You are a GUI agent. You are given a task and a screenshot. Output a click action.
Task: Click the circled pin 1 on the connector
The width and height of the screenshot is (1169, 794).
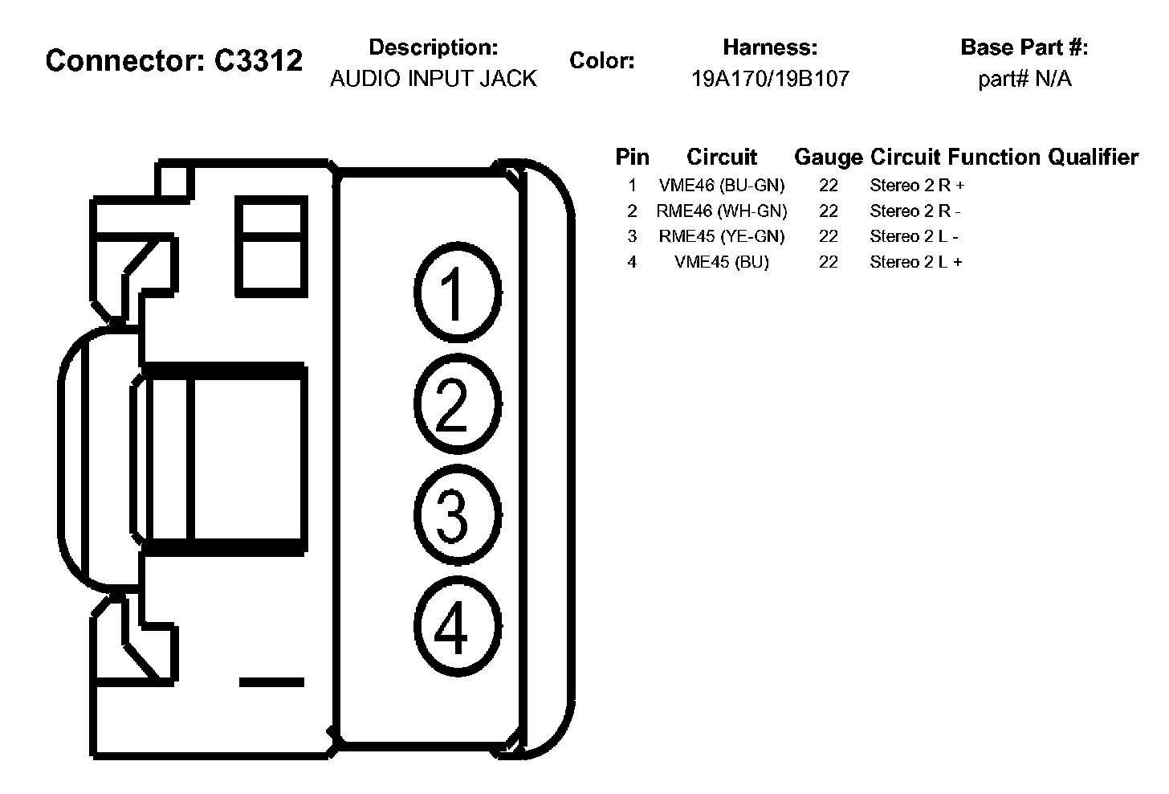tap(455, 293)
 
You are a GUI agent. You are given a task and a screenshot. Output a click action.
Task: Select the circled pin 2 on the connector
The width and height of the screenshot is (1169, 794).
tap(455, 403)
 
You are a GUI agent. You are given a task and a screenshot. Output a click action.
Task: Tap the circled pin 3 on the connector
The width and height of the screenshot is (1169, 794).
tap(455, 515)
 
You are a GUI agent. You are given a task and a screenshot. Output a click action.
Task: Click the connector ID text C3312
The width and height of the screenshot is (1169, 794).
tap(259, 60)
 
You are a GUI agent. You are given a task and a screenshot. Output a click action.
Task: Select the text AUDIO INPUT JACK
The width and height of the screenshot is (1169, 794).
tap(434, 79)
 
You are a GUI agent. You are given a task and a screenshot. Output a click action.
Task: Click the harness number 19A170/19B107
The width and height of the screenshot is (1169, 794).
tap(770, 79)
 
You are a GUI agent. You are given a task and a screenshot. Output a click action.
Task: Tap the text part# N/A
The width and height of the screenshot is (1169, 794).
tap(1024, 79)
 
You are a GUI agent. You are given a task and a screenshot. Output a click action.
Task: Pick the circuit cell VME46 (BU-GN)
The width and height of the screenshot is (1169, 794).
tap(722, 186)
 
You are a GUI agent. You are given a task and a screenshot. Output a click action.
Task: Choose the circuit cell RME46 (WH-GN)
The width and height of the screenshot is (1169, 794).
tap(722, 211)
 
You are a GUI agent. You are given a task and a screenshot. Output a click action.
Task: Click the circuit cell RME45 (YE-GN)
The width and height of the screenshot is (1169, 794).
tap(722, 236)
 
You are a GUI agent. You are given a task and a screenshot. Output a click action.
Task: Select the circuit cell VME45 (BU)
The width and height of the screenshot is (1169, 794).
tap(722, 262)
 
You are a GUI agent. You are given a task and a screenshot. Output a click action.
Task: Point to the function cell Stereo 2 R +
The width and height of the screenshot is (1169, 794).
tap(917, 186)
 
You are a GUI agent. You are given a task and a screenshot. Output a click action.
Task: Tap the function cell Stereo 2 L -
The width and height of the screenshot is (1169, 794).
tap(914, 236)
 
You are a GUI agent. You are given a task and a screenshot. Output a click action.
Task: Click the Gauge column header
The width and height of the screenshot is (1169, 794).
tap(829, 158)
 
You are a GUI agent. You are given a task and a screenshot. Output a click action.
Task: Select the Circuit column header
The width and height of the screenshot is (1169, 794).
tap(722, 158)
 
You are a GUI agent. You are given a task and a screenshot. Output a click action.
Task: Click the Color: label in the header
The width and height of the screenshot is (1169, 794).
tap(602, 61)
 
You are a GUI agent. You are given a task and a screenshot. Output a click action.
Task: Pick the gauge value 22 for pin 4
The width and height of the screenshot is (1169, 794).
tap(829, 262)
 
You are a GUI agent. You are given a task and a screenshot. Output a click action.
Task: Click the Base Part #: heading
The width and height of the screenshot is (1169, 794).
tap(1024, 47)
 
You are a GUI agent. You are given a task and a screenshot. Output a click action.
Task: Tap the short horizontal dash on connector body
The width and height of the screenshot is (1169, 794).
tap(271, 682)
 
